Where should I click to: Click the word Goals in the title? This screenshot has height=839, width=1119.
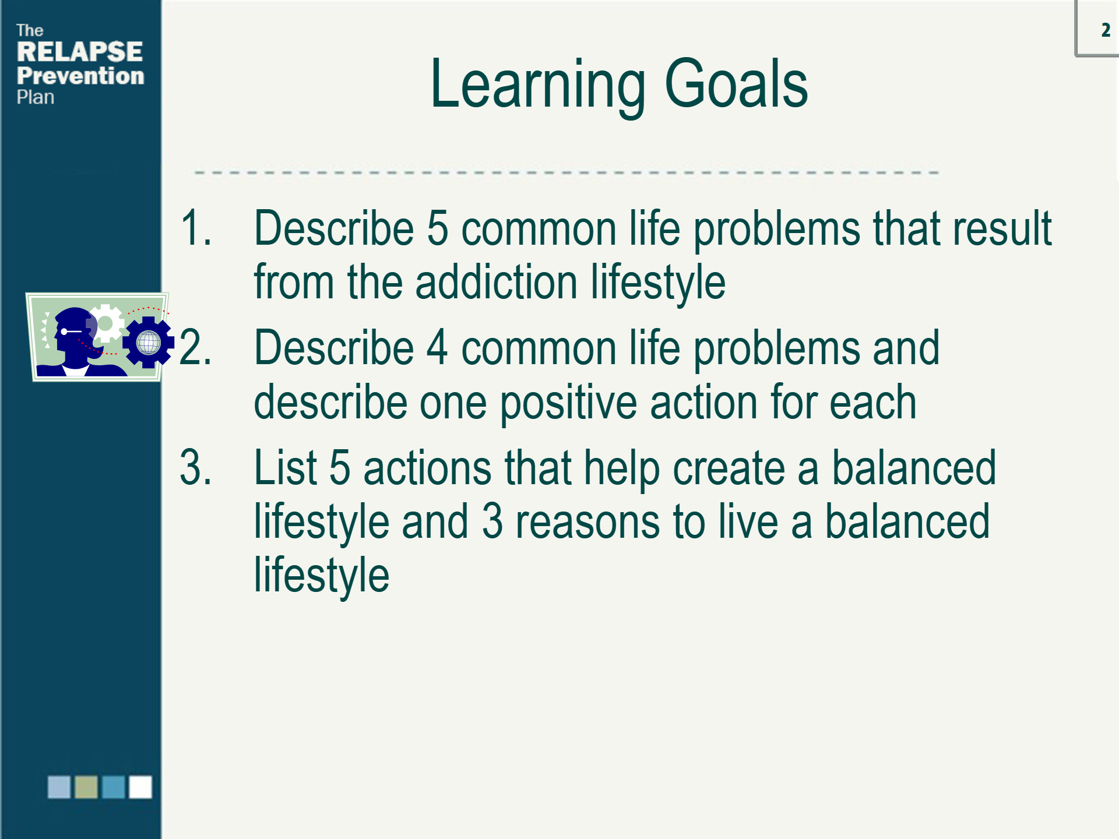tap(736, 84)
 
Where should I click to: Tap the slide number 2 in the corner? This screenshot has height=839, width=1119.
tap(1106, 30)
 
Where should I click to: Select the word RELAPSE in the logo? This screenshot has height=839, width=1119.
tap(80, 51)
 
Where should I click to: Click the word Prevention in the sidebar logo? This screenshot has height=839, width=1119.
tap(80, 76)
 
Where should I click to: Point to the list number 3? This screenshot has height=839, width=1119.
tap(195, 467)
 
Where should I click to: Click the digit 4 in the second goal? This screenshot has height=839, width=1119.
tap(437, 347)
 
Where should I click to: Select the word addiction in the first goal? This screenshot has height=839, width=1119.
tap(496, 282)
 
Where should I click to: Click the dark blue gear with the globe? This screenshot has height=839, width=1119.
tap(149, 342)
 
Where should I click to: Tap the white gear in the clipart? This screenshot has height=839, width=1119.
tap(105, 323)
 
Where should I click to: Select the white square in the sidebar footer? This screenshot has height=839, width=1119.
tap(140, 787)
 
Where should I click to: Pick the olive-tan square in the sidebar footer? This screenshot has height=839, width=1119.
tap(86, 787)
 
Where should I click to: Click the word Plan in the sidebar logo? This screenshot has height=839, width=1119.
tap(36, 97)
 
